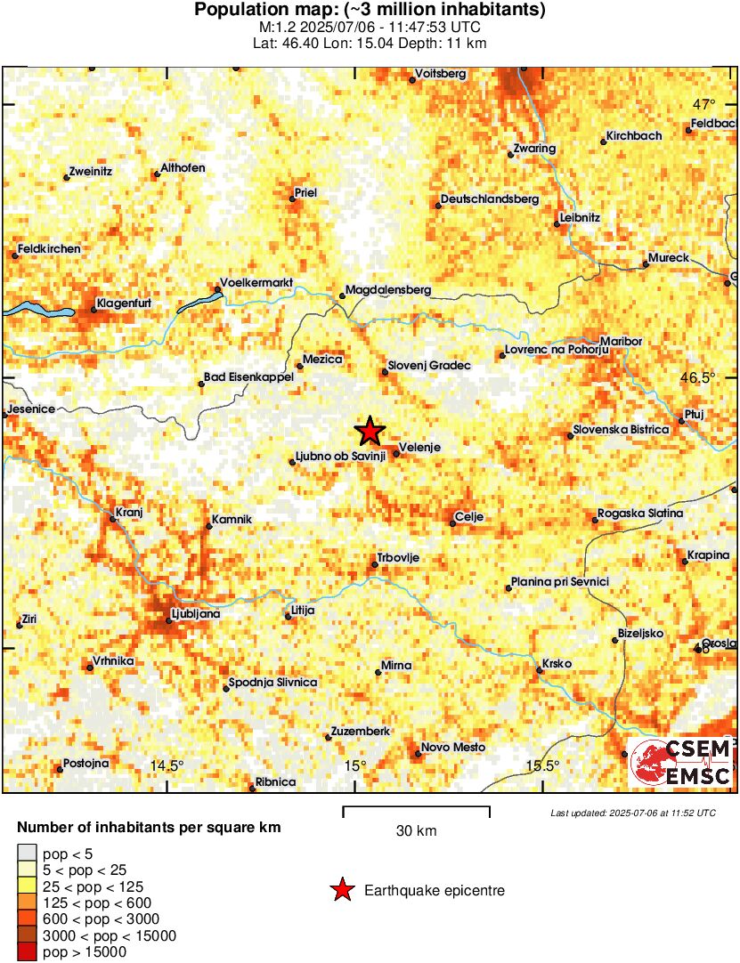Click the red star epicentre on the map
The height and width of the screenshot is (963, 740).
(x=370, y=432)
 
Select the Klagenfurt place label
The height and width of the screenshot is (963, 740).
(x=124, y=303)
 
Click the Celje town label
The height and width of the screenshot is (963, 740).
(x=468, y=516)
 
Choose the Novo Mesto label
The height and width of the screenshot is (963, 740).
(x=453, y=748)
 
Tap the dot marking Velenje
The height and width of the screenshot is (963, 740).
(x=396, y=454)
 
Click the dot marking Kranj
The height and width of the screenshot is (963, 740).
(x=112, y=518)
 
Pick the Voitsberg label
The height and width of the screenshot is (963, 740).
(x=441, y=73)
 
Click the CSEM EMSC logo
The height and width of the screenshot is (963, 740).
(x=681, y=762)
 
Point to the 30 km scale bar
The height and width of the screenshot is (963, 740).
(x=416, y=808)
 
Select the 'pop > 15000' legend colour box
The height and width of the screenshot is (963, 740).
(x=27, y=952)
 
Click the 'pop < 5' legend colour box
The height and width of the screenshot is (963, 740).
(x=27, y=853)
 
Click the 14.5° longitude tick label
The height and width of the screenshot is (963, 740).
(x=167, y=765)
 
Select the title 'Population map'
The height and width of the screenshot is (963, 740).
(x=370, y=11)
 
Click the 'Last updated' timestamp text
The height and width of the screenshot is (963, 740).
(x=632, y=813)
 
